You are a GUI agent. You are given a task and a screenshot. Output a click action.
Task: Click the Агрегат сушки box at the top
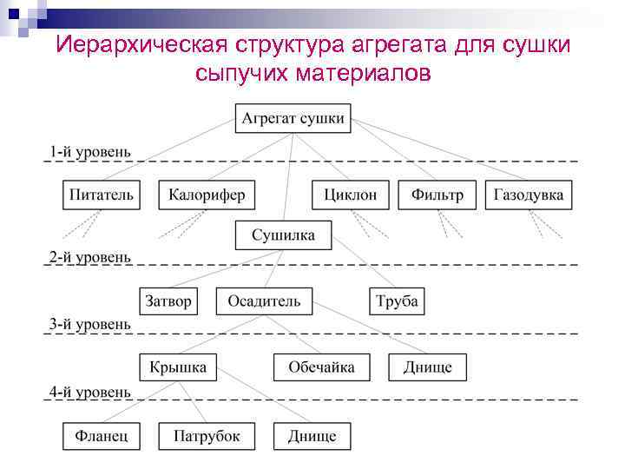(x=293, y=118)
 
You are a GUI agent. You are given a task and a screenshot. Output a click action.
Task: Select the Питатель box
(x=102, y=195)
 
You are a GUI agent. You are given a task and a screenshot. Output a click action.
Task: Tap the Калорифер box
(x=207, y=195)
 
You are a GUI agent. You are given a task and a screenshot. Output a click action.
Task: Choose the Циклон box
(x=350, y=195)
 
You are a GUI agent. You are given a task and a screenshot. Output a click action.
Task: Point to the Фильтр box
(x=437, y=195)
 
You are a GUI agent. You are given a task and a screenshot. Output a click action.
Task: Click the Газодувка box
(x=528, y=195)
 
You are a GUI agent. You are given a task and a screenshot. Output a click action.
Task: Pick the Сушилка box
(x=283, y=235)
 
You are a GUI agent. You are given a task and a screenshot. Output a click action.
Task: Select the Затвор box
(x=168, y=301)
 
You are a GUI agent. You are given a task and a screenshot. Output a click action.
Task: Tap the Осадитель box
(x=264, y=301)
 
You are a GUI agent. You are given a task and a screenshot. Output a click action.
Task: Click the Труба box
(x=397, y=301)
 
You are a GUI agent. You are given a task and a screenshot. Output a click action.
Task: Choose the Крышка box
(x=178, y=367)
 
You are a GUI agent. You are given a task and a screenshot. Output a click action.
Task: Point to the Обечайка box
(x=320, y=367)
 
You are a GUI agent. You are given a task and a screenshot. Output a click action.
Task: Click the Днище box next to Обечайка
(x=427, y=367)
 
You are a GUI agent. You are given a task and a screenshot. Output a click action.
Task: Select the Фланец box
(x=102, y=435)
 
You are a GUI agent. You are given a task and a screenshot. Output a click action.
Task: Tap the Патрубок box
(x=207, y=435)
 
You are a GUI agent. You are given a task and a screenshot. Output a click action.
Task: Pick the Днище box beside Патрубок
(x=312, y=435)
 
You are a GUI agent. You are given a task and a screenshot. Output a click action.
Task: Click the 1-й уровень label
(x=90, y=151)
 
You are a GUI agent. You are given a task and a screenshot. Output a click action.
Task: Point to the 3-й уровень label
(x=90, y=324)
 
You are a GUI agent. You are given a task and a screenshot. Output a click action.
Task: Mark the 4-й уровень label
(x=90, y=392)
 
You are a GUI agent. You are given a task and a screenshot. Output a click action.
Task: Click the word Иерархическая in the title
(x=141, y=44)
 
